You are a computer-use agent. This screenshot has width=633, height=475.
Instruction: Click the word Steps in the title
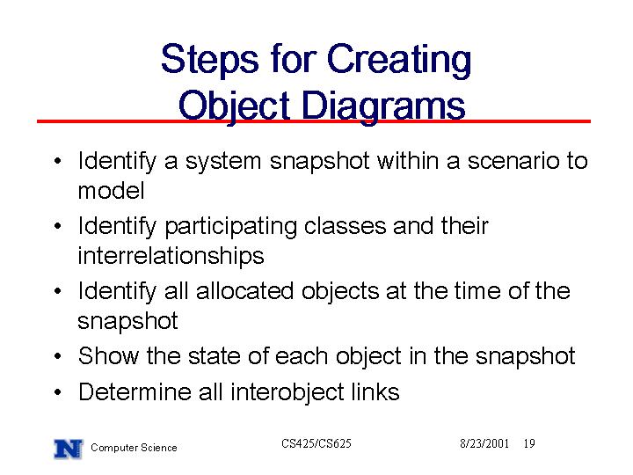(x=209, y=60)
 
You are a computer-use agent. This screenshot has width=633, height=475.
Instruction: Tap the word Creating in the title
(x=399, y=60)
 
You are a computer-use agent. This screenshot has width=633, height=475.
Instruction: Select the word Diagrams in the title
(x=383, y=106)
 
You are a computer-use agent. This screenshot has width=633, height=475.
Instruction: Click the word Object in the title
(x=234, y=106)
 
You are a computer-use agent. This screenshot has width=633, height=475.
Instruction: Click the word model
(x=111, y=191)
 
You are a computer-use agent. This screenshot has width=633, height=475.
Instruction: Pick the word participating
(x=231, y=227)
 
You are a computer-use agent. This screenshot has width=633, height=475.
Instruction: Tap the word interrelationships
(x=171, y=256)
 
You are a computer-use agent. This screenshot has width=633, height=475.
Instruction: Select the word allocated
(x=244, y=291)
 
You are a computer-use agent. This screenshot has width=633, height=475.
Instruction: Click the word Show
(x=109, y=356)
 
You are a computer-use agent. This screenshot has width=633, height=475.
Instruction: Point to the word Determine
(x=135, y=391)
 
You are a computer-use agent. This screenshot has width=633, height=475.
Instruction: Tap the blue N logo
(x=69, y=449)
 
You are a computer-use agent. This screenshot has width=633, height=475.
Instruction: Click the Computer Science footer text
(x=134, y=448)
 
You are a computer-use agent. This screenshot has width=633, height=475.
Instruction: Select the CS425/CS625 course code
(x=316, y=443)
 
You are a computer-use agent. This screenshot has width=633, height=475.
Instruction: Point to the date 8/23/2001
(x=484, y=443)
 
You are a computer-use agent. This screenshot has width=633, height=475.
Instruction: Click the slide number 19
(x=529, y=443)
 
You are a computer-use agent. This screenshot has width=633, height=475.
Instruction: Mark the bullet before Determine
(x=58, y=392)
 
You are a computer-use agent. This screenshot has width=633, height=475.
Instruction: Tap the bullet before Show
(x=58, y=356)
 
